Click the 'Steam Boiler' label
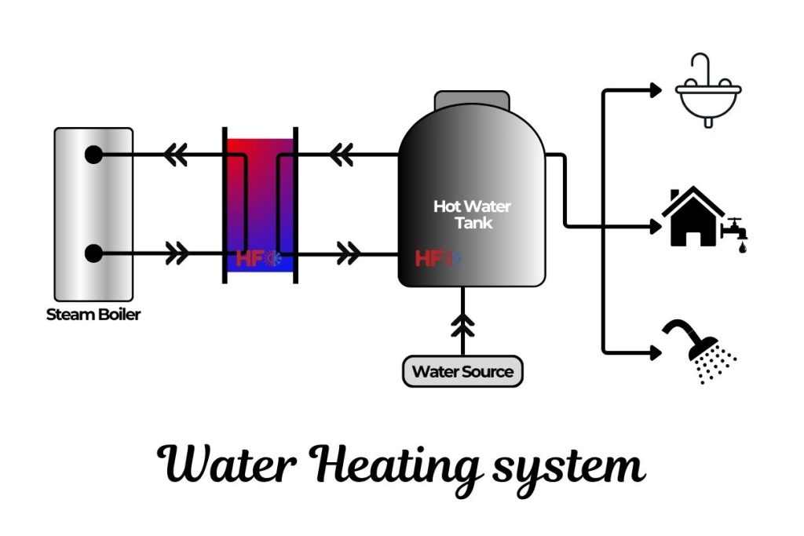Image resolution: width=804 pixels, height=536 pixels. coord(94,315)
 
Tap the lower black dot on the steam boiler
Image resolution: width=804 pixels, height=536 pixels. coord(93,253)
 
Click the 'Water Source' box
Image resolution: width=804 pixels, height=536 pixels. coord(462,371)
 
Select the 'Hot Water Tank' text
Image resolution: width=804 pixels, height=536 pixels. coord(472,214)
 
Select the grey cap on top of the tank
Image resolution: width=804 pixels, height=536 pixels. coord(471,101)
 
